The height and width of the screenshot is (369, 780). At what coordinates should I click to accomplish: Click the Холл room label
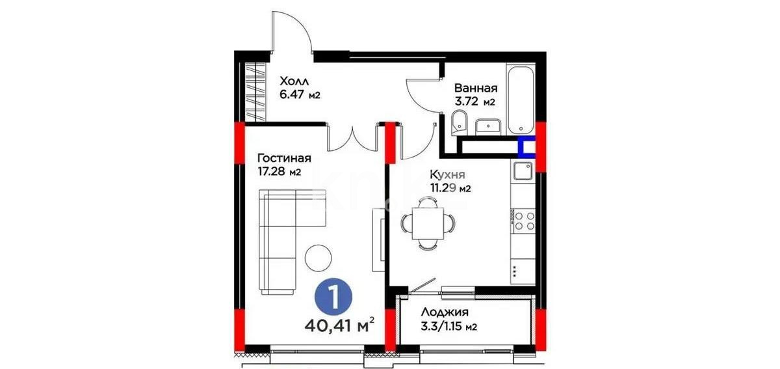[x=294, y=81]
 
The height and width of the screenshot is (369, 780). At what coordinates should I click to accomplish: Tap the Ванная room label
[x=476, y=88]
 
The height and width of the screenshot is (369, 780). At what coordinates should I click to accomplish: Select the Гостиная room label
[x=284, y=158]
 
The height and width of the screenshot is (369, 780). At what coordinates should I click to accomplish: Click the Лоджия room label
[x=445, y=313]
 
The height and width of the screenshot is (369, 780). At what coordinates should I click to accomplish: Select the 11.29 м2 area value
[x=449, y=189]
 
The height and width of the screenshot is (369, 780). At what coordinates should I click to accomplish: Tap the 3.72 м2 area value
[x=474, y=102]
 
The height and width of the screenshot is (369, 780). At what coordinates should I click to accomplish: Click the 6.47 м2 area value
[x=300, y=96]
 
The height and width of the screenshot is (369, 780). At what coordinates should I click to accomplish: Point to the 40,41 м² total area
[x=341, y=323]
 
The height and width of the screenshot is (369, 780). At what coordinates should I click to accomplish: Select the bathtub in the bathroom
[x=521, y=98]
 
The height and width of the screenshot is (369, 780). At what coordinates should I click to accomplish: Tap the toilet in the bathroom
[x=458, y=120]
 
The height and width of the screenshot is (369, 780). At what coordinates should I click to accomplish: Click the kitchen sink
[x=523, y=171]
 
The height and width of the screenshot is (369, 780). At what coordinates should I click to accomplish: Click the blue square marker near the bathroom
[x=526, y=148]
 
